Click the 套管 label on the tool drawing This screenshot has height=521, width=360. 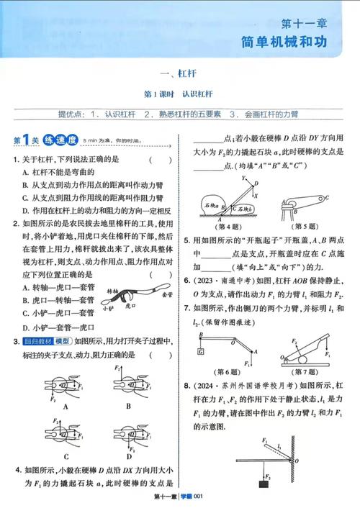tap(167, 294)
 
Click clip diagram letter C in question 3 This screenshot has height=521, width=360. tap(66, 456)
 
